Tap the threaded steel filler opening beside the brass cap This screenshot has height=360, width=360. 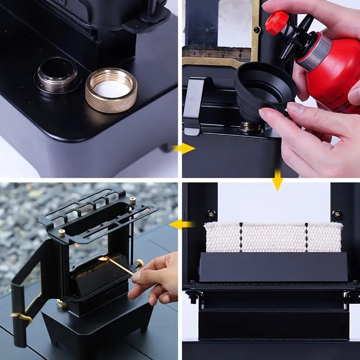(57, 75)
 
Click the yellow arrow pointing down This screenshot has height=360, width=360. (278, 180)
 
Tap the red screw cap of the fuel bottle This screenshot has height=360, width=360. (276, 22)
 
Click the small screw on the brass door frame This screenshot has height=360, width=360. (256, 30)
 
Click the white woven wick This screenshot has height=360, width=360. (273, 237)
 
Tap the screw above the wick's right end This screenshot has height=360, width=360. (336, 213)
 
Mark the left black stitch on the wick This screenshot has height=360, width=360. (241, 237)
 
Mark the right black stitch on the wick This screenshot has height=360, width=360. (306, 237)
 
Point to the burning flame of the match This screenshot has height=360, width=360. (104, 260)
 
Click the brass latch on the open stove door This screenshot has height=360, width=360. (21, 317)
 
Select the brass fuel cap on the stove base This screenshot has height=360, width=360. (62, 304)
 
